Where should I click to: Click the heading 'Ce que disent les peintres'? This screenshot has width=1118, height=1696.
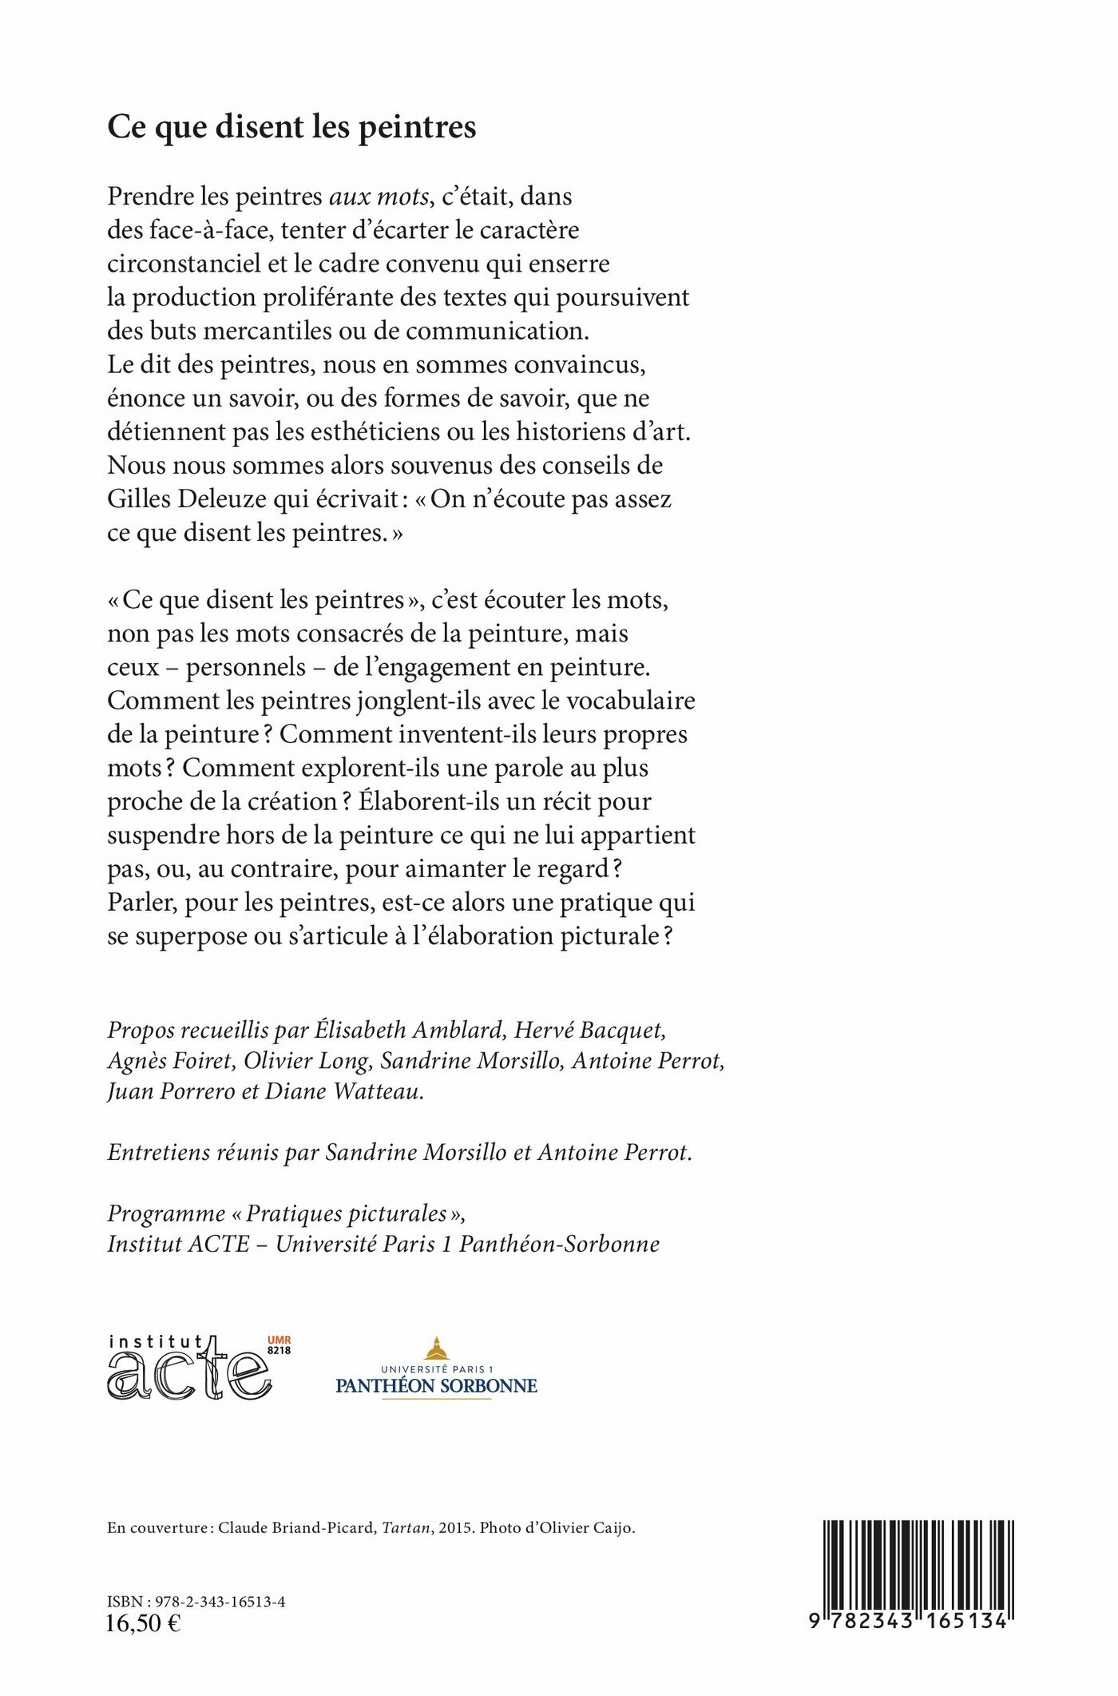[291, 128]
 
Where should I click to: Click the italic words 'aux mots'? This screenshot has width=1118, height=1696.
[379, 197]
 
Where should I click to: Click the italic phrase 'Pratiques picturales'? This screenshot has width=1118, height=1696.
[346, 1213]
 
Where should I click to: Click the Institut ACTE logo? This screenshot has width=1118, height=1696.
[190, 1367]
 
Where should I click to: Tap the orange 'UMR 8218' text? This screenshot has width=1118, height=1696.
[279, 1345]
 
